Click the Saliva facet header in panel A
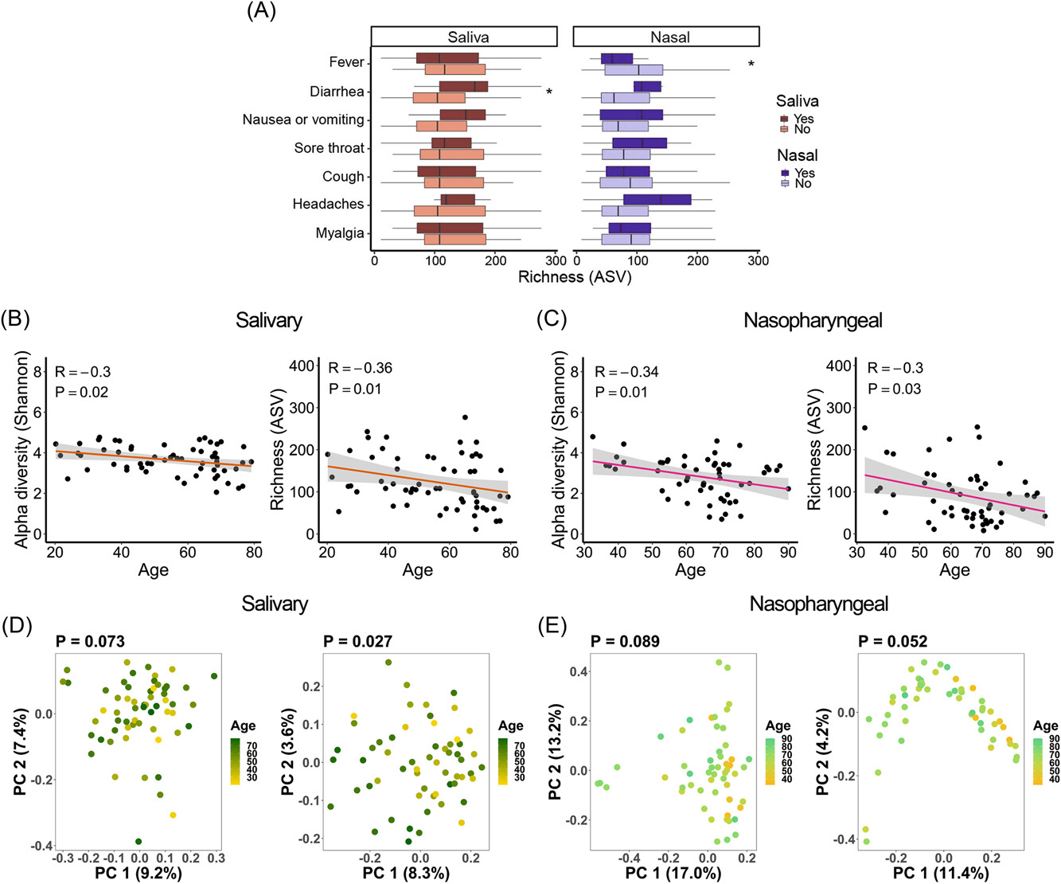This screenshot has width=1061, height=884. click(x=464, y=37)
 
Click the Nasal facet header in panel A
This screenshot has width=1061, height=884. click(x=666, y=37)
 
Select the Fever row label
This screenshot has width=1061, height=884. click(x=346, y=62)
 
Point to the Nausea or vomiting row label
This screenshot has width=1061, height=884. click(x=303, y=119)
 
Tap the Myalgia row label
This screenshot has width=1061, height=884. click(x=340, y=233)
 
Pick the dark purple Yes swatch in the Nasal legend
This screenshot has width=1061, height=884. click(x=785, y=173)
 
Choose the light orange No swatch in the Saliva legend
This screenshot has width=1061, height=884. click(x=785, y=129)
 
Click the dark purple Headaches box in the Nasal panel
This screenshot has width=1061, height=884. click(x=657, y=199)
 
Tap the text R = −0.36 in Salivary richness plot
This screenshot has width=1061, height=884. click(x=360, y=368)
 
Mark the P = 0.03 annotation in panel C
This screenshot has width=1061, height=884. click(x=894, y=389)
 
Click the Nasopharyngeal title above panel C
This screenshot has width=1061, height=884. click(x=813, y=321)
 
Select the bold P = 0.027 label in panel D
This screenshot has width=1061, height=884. click(x=357, y=641)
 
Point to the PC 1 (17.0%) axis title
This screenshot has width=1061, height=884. click(x=673, y=873)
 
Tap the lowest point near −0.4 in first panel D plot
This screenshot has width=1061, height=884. click(x=139, y=841)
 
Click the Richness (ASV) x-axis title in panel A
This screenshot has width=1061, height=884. click(x=574, y=277)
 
